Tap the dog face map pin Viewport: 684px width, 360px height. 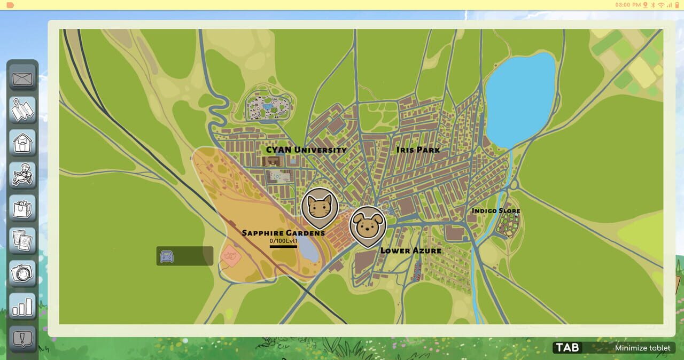pos(368,225)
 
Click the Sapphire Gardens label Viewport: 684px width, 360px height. pos(283,233)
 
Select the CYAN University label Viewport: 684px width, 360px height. pos(306,150)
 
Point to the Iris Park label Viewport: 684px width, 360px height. pos(418,150)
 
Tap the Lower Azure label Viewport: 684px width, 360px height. pos(410,250)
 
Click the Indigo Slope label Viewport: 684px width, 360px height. pos(495,210)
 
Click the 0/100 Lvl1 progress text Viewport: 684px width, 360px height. pos(283,241)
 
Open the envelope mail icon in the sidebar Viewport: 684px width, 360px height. pos(22,79)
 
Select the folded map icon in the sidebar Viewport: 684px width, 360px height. pos(22,111)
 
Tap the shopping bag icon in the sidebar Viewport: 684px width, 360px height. pos(22,208)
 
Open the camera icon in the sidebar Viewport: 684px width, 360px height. pos(22,273)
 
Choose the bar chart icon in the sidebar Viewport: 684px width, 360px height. pos(22,306)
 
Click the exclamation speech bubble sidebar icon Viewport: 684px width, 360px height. pos(22,338)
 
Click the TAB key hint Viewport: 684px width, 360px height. pos(567,348)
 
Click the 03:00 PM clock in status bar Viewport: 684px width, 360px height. pos(627,5)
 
